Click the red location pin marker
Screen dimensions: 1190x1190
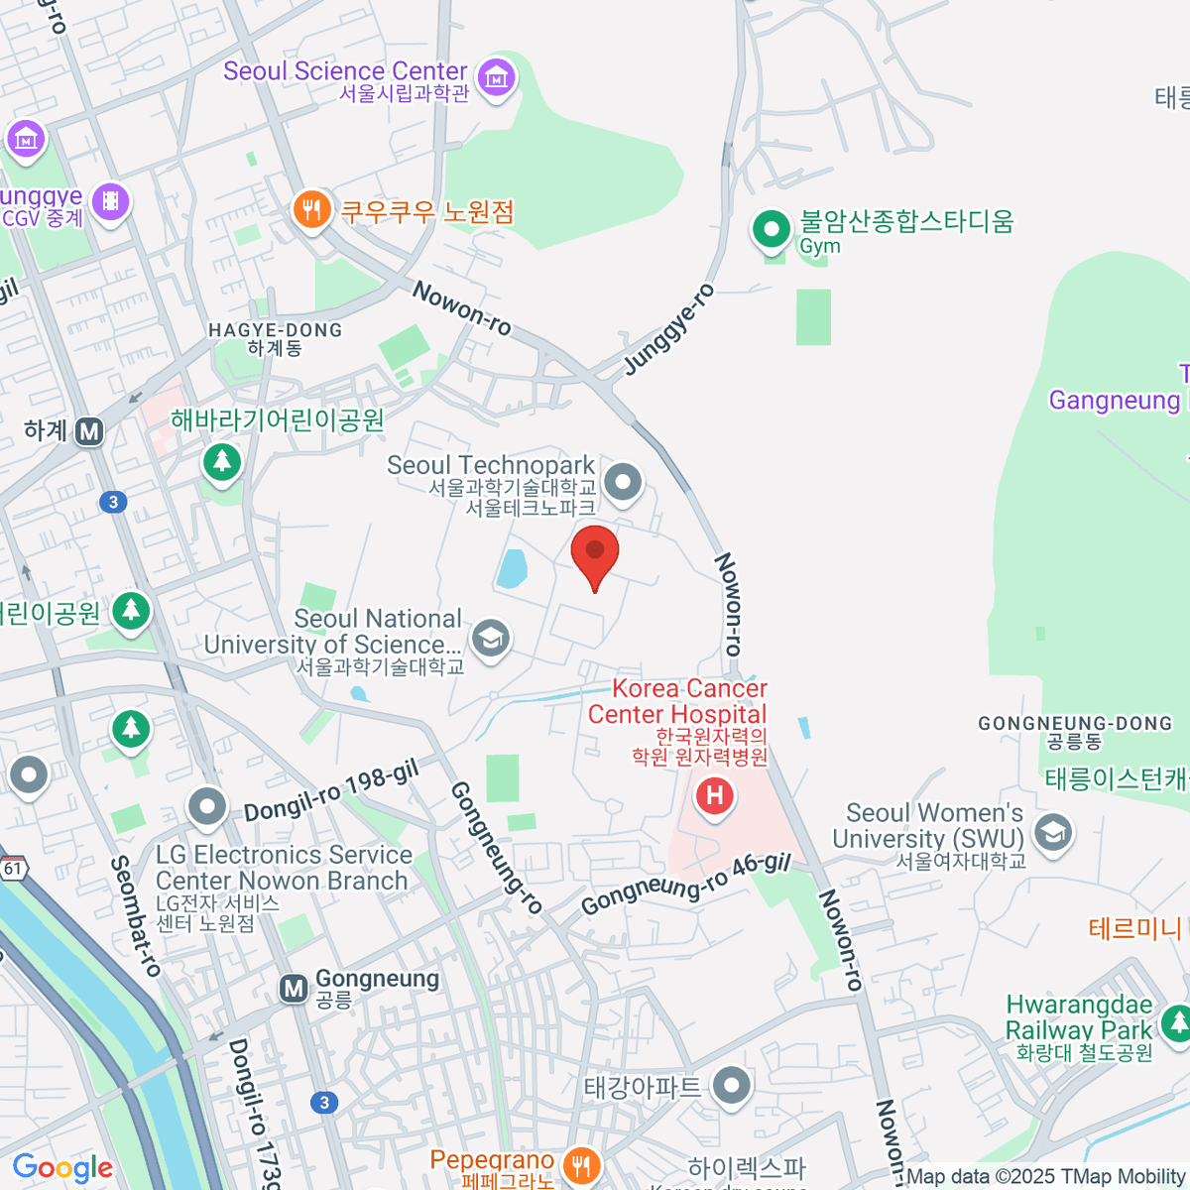[x=595, y=553]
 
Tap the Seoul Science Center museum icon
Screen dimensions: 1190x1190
[x=496, y=76]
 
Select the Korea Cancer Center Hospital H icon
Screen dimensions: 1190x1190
[x=714, y=795]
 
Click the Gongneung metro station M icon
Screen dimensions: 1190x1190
[x=294, y=989]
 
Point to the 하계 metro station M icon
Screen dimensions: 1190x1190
[x=90, y=431]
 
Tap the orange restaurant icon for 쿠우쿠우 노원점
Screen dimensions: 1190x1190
[x=311, y=209]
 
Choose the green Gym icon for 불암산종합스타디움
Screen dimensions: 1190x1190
[x=771, y=229]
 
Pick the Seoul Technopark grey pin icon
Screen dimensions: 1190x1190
[x=623, y=483]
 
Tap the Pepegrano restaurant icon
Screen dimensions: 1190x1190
[x=581, y=1165]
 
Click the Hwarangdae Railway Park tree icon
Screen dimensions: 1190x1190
[x=1177, y=1020]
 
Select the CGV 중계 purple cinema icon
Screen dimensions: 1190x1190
[x=110, y=202]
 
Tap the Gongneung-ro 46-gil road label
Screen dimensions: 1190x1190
[x=685, y=885]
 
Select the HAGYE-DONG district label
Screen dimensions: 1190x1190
[x=275, y=330]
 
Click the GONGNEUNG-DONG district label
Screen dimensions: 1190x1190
[x=1075, y=724]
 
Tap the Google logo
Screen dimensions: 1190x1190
[x=62, y=1168]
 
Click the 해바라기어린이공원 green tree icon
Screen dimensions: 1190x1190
[x=221, y=461]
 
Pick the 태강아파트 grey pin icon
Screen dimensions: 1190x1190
[x=731, y=1085]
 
